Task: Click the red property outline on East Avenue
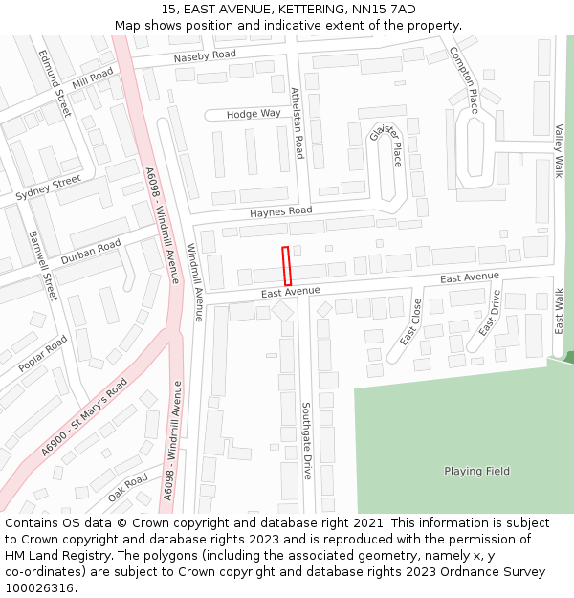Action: [286, 265]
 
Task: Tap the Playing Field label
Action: [476, 471]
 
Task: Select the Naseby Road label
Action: [205, 56]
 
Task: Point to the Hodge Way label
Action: [254, 114]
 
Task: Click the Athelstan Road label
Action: [298, 122]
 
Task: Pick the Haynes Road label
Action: [281, 210]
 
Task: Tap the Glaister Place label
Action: [387, 144]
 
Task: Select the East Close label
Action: [410, 321]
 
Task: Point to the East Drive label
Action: [489, 314]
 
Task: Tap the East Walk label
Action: [560, 310]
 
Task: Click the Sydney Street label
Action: [49, 188]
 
